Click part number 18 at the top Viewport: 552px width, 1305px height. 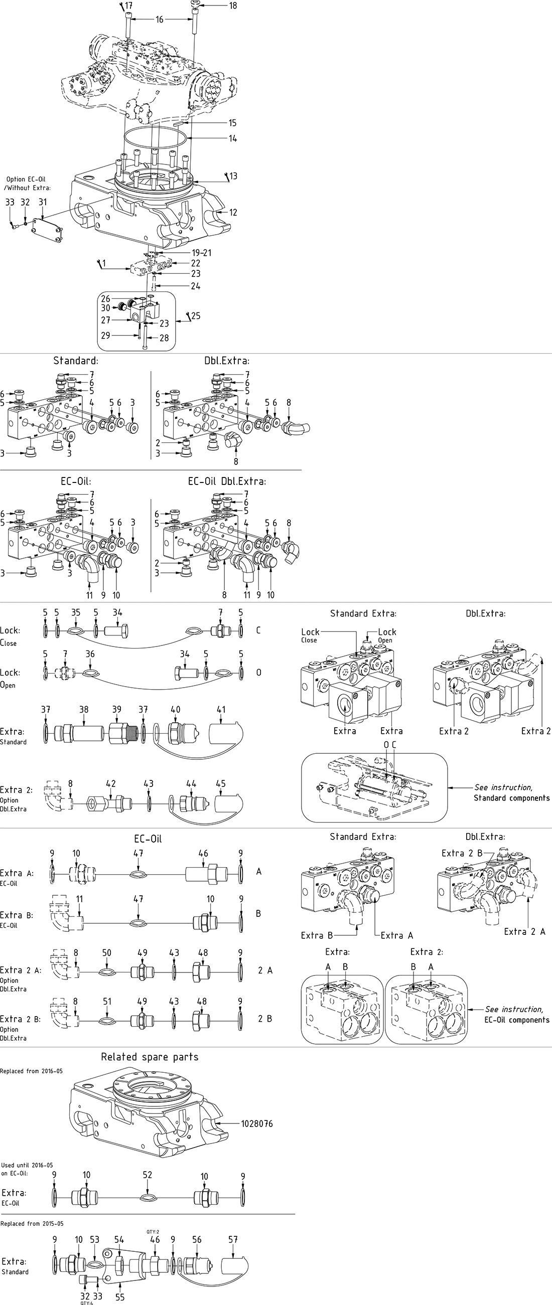coord(233,6)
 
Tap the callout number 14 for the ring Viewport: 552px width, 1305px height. coord(233,138)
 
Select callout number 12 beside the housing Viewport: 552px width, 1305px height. coord(233,212)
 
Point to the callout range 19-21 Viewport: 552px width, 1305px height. coord(202,253)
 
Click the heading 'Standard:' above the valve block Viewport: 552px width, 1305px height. coord(76,361)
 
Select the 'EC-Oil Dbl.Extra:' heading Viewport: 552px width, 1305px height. coord(227,481)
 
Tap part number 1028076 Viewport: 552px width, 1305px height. coord(257,1123)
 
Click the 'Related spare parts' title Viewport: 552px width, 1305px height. coord(150,1057)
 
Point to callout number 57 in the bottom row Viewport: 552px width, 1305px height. coord(233,1240)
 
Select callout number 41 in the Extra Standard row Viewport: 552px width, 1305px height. coord(221,710)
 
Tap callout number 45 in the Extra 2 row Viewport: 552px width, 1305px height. coord(221,784)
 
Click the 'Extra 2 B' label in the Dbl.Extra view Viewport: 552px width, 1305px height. coord(462,853)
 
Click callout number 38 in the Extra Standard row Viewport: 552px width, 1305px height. coord(84,710)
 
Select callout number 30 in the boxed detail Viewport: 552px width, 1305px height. coord(105,308)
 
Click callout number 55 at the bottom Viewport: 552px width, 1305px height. coord(119,1297)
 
